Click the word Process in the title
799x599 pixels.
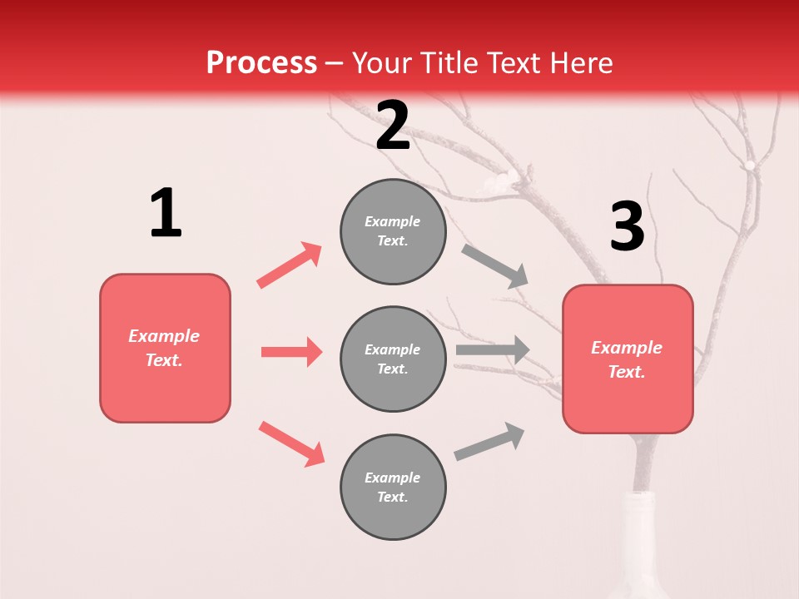[261, 63]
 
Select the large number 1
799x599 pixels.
[166, 214]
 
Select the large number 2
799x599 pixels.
[393, 126]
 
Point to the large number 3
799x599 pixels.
[627, 226]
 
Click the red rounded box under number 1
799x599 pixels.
[165, 348]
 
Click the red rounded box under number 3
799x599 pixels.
[628, 359]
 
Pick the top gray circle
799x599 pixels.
[393, 231]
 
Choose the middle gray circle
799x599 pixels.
[393, 359]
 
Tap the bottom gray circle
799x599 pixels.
[393, 487]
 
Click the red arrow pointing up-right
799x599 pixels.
[290, 265]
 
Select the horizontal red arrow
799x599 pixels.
[291, 352]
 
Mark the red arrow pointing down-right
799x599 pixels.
[291, 443]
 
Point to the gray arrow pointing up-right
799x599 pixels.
[489, 442]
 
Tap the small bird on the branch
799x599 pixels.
[500, 181]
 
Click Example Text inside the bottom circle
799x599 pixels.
[393, 487]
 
